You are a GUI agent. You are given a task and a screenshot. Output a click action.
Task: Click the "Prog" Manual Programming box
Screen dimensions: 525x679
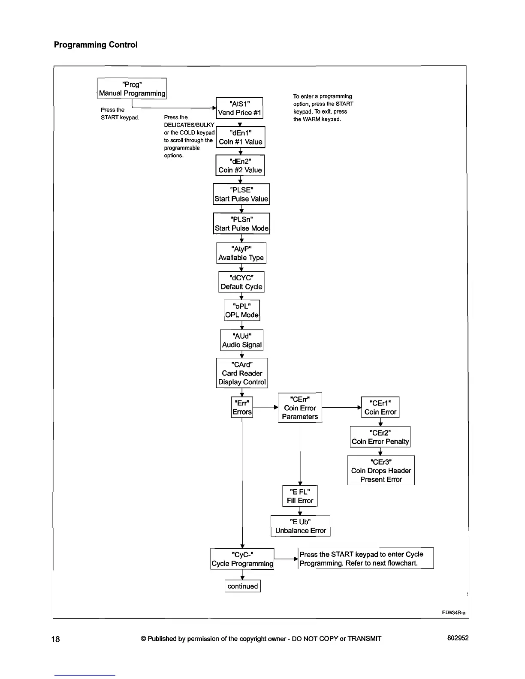click(x=132, y=89)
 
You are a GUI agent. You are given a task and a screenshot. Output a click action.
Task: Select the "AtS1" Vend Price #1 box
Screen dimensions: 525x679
click(x=239, y=108)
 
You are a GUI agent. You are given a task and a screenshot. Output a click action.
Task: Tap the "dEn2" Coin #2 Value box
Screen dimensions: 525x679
click(x=240, y=165)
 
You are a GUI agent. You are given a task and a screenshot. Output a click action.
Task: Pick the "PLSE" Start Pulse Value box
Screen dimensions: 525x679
click(x=241, y=194)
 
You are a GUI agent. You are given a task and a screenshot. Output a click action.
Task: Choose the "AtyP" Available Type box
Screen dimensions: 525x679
click(x=241, y=253)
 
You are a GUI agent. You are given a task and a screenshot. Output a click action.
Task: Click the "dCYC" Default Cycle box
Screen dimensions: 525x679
click(x=241, y=282)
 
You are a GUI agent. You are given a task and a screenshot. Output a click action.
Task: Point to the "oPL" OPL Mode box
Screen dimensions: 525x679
click(x=242, y=310)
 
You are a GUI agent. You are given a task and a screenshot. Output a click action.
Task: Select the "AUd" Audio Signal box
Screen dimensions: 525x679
click(x=242, y=340)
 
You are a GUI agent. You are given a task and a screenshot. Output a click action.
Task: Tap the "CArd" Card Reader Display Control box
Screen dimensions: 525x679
click(x=242, y=373)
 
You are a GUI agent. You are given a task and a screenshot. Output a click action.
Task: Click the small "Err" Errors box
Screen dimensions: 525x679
click(x=242, y=407)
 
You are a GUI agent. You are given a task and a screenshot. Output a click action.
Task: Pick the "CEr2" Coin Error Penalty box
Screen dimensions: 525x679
click(x=380, y=437)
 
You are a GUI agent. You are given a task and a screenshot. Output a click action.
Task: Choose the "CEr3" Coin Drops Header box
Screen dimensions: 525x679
click(x=381, y=470)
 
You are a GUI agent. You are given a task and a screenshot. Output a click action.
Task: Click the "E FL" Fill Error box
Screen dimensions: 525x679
click(x=300, y=496)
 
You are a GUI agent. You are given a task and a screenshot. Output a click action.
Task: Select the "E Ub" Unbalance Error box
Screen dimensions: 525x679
click(x=300, y=526)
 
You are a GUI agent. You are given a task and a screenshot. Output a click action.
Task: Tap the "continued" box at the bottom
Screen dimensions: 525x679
click(x=243, y=586)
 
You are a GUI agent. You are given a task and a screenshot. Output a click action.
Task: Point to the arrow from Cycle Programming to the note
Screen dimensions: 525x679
click(x=286, y=559)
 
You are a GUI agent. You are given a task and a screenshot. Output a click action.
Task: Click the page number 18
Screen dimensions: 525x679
click(x=56, y=639)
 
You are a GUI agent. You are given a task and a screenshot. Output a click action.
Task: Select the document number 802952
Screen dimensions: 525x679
click(x=458, y=638)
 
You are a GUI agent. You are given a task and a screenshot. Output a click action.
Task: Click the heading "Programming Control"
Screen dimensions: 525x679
click(x=96, y=45)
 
